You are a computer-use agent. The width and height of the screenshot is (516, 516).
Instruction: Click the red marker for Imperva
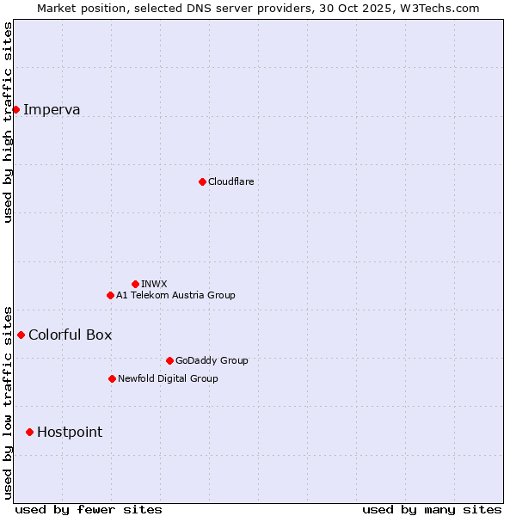pyautogui.click(x=15, y=109)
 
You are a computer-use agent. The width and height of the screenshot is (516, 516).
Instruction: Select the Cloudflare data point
pyautogui.click(x=202, y=181)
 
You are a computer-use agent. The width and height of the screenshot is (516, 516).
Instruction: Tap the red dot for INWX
pyautogui.click(x=135, y=284)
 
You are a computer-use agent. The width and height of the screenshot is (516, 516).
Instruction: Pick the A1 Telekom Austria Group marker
pyautogui.click(x=110, y=295)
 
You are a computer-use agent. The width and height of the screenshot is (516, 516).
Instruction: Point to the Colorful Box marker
pyautogui.click(x=21, y=335)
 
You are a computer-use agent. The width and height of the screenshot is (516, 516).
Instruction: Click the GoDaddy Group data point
pyautogui.click(x=169, y=360)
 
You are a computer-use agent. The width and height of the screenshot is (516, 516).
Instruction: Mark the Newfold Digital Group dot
pyautogui.click(x=112, y=378)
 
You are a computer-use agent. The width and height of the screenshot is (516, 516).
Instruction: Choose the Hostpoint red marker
pyautogui.click(x=29, y=432)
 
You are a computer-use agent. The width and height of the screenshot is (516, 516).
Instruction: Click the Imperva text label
pyautogui.click(x=52, y=109)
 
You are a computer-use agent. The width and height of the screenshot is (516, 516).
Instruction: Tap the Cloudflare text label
pyautogui.click(x=231, y=181)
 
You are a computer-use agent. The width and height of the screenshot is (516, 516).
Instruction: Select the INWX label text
pyautogui.click(x=154, y=284)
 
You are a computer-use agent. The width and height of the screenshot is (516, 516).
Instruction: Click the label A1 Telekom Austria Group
pyautogui.click(x=175, y=295)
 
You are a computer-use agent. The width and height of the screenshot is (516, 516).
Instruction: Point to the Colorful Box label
pyautogui.click(x=71, y=335)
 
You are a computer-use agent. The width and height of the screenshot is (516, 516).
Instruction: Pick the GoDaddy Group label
pyautogui.click(x=212, y=360)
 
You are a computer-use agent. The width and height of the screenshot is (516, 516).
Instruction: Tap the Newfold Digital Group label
pyautogui.click(x=168, y=378)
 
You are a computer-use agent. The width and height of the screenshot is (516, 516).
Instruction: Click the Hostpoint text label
pyautogui.click(x=70, y=432)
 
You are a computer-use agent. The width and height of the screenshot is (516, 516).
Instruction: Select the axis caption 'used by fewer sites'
pyautogui.click(x=89, y=509)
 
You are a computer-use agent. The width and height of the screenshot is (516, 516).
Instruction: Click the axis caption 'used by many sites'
pyautogui.click(x=432, y=509)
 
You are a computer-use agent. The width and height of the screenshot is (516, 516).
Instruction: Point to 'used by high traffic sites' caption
pyautogui.click(x=8, y=122)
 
